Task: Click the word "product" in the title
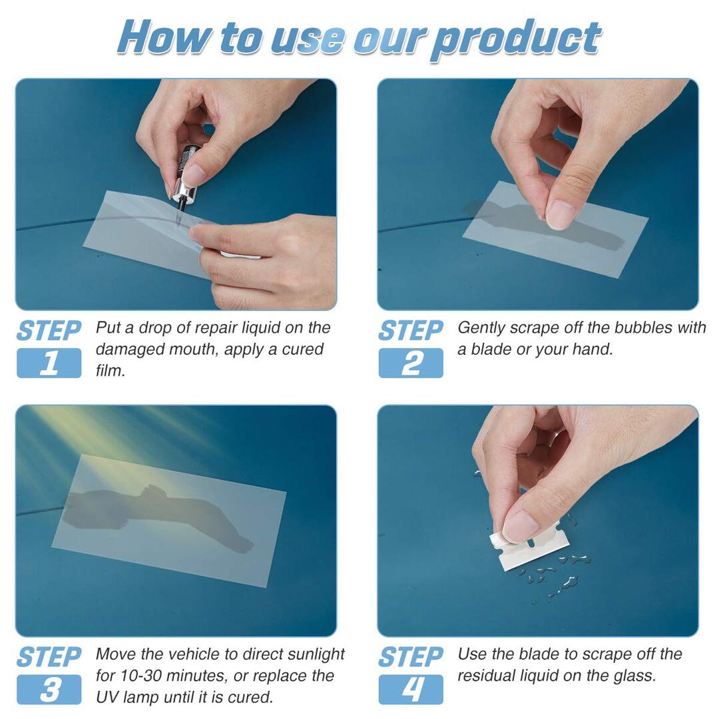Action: tap(517, 38)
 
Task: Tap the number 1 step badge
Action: tap(49, 363)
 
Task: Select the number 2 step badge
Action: tap(411, 363)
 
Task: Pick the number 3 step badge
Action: tap(49, 690)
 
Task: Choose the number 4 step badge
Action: tap(411, 690)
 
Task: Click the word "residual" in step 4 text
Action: tap(489, 676)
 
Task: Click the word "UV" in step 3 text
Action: tap(108, 697)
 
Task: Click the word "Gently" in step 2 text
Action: tap(481, 328)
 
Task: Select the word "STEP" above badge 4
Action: tap(411, 657)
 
